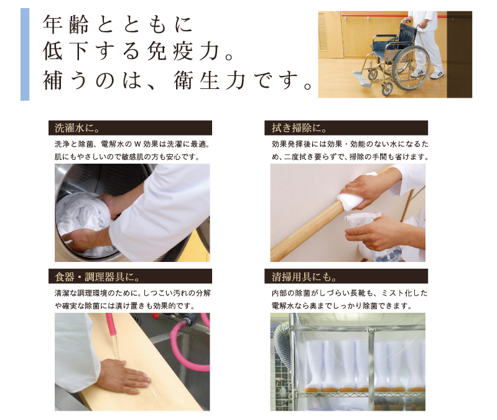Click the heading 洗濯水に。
(77, 128)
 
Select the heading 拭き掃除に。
(299, 128)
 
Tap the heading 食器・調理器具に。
(97, 277)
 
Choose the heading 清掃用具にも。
(304, 277)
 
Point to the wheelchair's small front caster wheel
(388, 89)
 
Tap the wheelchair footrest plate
(361, 79)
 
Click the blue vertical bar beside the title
(25, 54)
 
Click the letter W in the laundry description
(137, 144)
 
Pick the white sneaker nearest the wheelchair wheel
(419, 73)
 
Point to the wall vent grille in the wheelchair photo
(322, 31)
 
